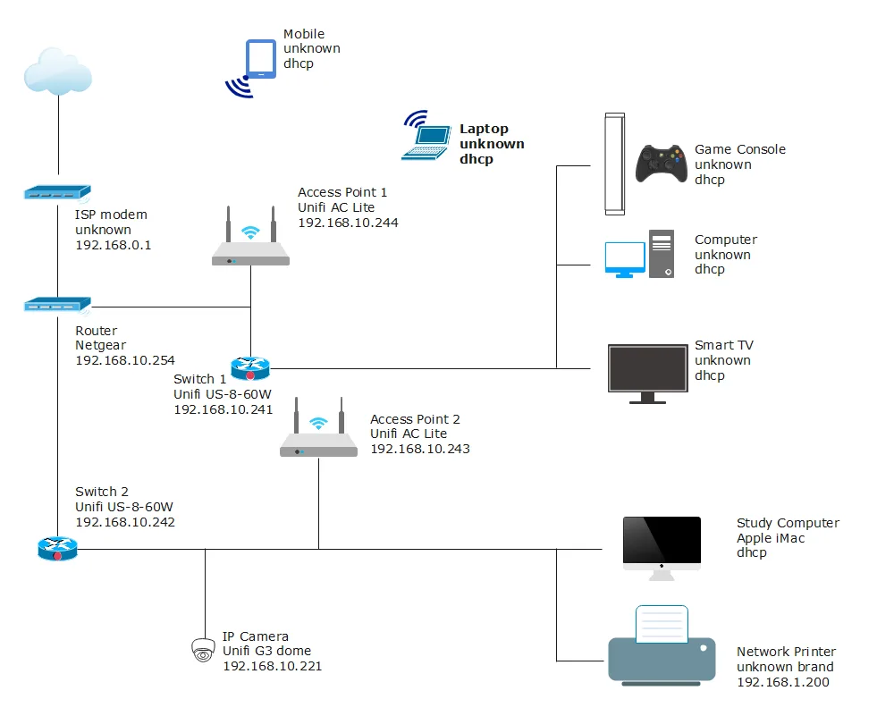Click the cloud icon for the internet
pos(59,71)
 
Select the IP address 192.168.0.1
pos(114,245)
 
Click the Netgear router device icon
pos(57,306)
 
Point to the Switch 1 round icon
pos(249,367)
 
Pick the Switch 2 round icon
pos(58,548)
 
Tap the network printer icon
pos(662,648)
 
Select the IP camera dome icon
pos(204,650)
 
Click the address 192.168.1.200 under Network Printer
pos(783,682)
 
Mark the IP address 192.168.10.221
pos(272,666)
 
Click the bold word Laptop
pos(484,130)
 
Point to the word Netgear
pos(101,345)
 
